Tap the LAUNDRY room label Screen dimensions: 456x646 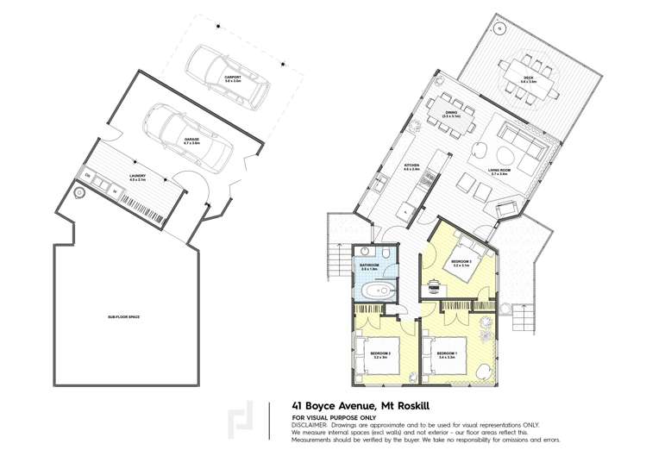pyautogui.click(x=136, y=177)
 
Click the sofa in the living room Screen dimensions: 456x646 pyautogui.click(x=521, y=142)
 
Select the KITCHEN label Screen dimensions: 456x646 pyautogui.click(x=411, y=166)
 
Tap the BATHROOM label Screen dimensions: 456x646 pyautogui.click(x=371, y=265)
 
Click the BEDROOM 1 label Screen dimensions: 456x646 pyautogui.click(x=447, y=353)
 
